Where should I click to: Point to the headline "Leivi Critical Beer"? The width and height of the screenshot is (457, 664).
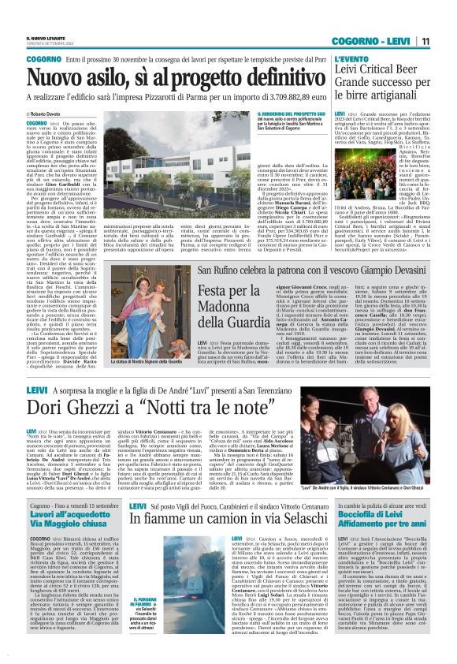[x=377, y=73]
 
